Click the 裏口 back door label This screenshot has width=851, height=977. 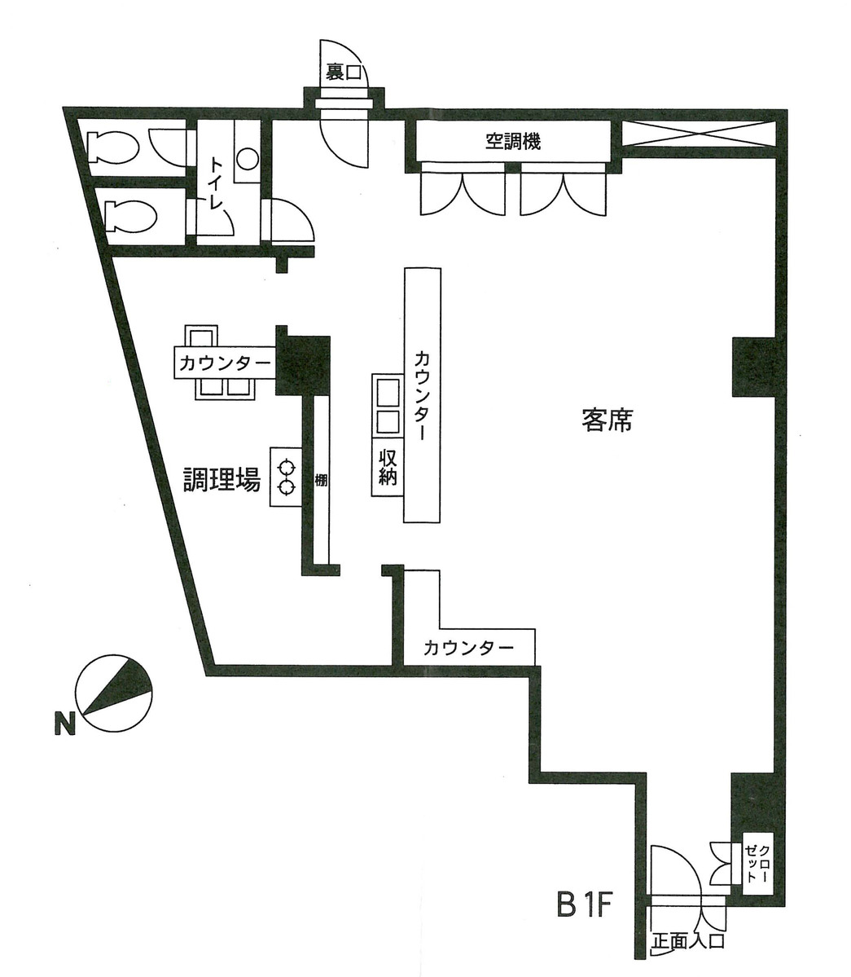coord(343,73)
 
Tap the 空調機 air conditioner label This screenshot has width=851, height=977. coord(513,142)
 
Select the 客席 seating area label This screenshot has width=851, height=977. coord(607,420)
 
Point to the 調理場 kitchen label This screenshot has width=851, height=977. coord(221,480)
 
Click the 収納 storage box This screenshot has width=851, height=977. coord(388,468)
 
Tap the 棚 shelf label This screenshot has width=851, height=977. coord(321,481)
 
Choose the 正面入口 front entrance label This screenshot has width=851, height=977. coord(687,940)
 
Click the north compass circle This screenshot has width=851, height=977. coord(114,693)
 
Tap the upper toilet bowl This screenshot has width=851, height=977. coord(113,147)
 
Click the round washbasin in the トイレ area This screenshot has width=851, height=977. coord(248,159)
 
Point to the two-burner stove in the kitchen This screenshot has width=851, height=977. coord(287,477)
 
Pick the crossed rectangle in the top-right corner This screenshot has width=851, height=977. coord(699,133)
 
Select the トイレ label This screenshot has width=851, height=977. coord(216,185)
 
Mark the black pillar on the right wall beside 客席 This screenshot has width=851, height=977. coord(755,367)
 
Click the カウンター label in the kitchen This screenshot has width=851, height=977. coord(225,363)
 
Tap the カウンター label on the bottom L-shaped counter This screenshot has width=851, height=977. coord(469,648)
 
